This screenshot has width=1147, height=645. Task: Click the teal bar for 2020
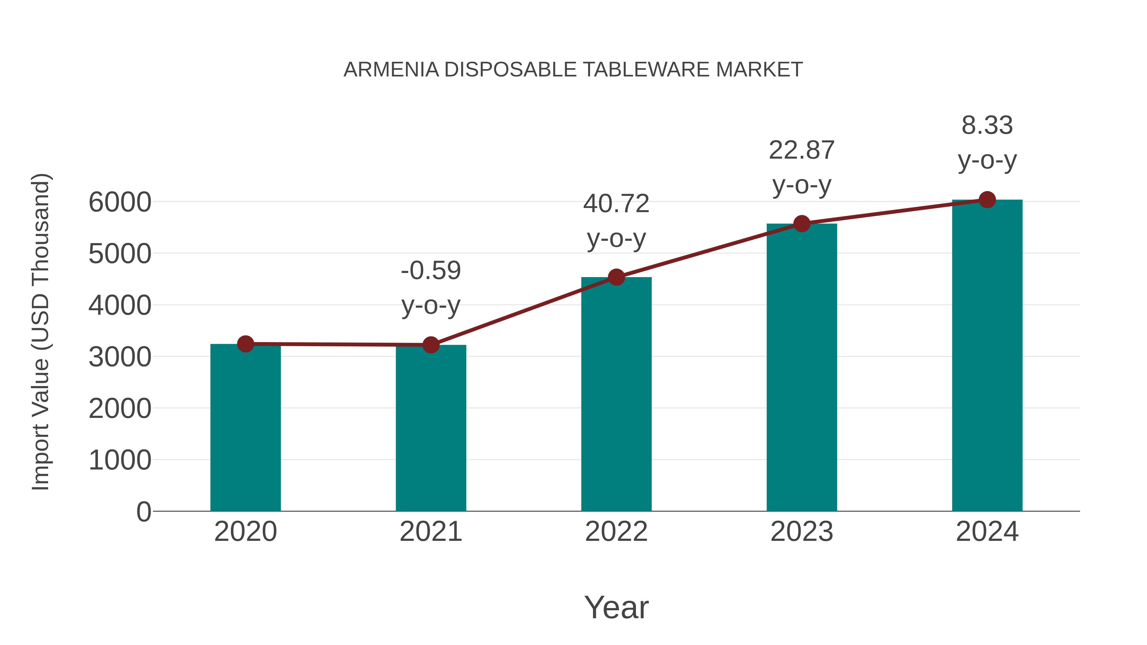(x=245, y=427)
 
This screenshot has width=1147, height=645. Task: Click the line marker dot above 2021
(x=430, y=345)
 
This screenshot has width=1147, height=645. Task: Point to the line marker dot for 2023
(x=802, y=224)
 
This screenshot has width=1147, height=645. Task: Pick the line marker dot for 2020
(x=245, y=344)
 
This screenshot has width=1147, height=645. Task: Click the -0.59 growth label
(x=430, y=271)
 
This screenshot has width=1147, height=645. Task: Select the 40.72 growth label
(x=616, y=204)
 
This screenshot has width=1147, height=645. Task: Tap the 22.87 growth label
(x=802, y=150)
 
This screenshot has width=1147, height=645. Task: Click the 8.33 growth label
(x=987, y=125)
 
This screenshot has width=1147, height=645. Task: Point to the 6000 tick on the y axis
(x=120, y=203)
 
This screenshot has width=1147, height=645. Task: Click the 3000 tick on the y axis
(x=120, y=357)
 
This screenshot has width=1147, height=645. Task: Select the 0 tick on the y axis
(x=143, y=512)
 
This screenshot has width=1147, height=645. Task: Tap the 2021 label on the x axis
(x=430, y=532)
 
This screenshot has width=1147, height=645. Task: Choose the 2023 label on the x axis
(x=802, y=532)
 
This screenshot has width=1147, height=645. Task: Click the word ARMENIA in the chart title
(x=391, y=70)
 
